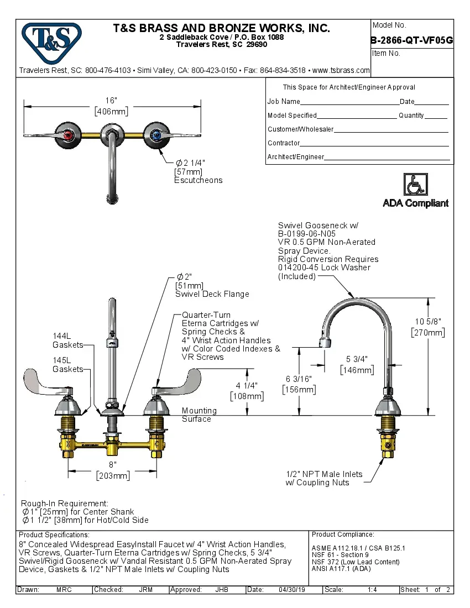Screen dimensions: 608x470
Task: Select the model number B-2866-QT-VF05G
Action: point(412,40)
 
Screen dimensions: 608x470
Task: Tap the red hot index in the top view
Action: point(68,134)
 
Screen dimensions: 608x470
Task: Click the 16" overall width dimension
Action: point(112,106)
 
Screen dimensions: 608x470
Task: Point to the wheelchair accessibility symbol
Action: point(415,185)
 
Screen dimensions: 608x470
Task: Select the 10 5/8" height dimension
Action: point(428,327)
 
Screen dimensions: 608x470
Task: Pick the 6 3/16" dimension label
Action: point(299,384)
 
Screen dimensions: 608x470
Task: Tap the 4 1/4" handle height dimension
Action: point(247,390)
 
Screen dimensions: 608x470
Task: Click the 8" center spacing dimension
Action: point(112,470)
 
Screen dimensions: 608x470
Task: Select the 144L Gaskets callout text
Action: point(67,340)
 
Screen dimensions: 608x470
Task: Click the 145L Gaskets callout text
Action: point(67,365)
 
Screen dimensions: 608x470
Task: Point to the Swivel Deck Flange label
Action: point(212,294)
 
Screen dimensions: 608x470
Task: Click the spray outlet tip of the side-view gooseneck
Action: point(326,344)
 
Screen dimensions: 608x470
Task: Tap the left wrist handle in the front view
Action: point(49,382)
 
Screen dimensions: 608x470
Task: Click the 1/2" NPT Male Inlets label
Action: point(324,478)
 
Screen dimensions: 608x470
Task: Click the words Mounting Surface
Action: point(199,415)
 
